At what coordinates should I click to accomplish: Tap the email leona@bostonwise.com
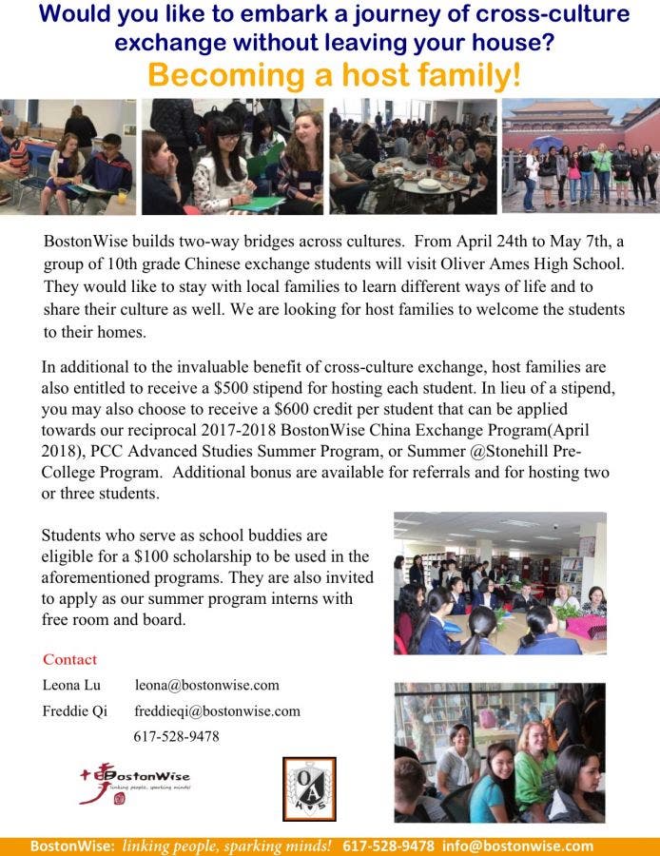click(206, 685)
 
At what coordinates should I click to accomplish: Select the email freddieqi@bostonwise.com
click(217, 710)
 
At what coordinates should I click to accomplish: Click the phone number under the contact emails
click(176, 736)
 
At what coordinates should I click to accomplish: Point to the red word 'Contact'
click(69, 659)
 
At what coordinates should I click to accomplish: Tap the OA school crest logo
click(308, 788)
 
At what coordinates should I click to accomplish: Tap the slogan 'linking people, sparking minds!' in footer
click(227, 846)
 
